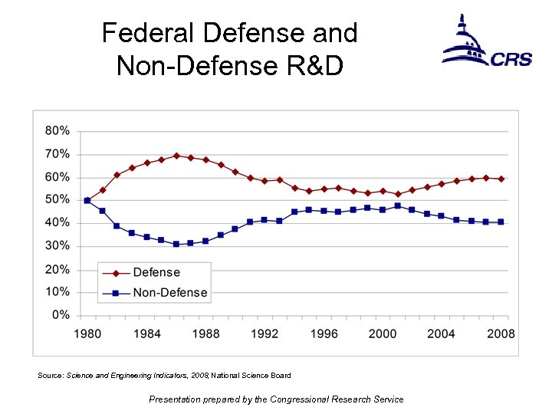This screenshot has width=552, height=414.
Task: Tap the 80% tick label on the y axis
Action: pyautogui.click(x=57, y=131)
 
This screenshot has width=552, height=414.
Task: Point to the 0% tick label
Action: pyautogui.click(x=60, y=315)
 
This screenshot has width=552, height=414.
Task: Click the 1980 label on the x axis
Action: pyautogui.click(x=88, y=333)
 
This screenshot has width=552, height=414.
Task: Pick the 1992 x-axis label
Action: pyautogui.click(x=264, y=333)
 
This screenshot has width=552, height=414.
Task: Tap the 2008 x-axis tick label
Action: pyautogui.click(x=501, y=333)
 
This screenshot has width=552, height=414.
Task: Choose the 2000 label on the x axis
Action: pyautogui.click(x=383, y=333)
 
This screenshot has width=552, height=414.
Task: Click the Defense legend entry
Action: pyautogui.click(x=156, y=273)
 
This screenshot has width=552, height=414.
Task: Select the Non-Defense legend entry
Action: pyautogui.click(x=170, y=292)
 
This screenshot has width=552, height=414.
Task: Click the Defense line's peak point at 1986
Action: pyautogui.click(x=176, y=156)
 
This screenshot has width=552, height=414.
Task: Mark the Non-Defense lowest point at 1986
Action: pyautogui.click(x=176, y=244)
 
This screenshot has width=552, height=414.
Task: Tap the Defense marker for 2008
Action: pyautogui.click(x=501, y=179)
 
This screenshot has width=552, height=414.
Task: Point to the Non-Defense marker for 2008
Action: pyautogui.click(x=501, y=222)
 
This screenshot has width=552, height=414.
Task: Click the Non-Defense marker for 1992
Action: pyautogui.click(x=264, y=220)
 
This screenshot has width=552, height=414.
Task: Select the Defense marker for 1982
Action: pyautogui.click(x=117, y=175)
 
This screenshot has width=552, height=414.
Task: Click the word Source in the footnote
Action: pyautogui.click(x=51, y=376)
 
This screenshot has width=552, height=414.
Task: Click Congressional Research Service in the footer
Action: pyautogui.click(x=334, y=399)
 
